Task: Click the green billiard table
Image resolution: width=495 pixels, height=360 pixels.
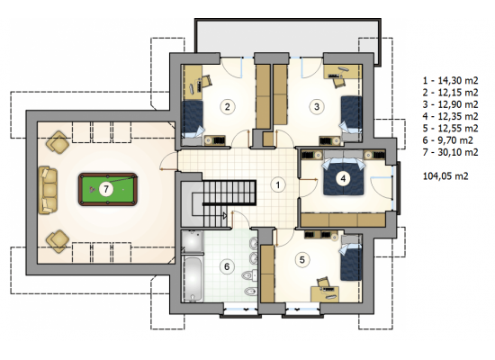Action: click(108, 189)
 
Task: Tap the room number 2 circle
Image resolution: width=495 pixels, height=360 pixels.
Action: click(228, 106)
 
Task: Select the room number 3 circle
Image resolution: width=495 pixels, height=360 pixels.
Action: click(317, 106)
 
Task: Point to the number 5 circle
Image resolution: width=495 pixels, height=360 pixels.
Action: click(302, 260)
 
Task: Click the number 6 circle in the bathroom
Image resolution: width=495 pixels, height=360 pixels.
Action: click(227, 266)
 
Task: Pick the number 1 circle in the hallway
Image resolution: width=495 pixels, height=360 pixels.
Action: click(278, 184)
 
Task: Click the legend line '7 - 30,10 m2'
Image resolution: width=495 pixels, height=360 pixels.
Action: click(451, 152)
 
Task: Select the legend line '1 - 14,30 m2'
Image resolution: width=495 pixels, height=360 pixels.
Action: click(451, 80)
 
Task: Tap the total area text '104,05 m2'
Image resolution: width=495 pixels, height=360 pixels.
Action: click(445, 175)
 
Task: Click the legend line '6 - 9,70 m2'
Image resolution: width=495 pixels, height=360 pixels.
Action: click(447, 140)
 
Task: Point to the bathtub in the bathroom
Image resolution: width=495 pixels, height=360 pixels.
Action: click(193, 279)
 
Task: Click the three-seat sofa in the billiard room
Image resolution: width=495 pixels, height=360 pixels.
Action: click(48, 191)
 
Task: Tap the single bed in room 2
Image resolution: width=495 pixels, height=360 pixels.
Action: click(193, 120)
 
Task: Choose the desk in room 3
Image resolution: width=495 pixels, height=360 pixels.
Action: click(342, 71)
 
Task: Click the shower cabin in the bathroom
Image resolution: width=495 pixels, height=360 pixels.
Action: click(193, 242)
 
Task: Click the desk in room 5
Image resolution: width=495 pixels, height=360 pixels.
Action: click(325, 293)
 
